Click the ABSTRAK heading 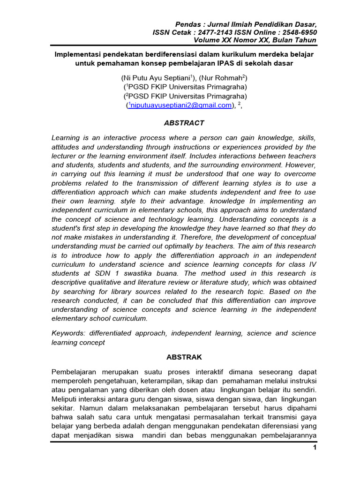click(x=183, y=357)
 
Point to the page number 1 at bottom click(x=315, y=448)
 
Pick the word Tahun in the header click(x=306, y=41)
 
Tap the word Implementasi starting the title click(x=78, y=54)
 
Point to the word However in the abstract click(x=300, y=165)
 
